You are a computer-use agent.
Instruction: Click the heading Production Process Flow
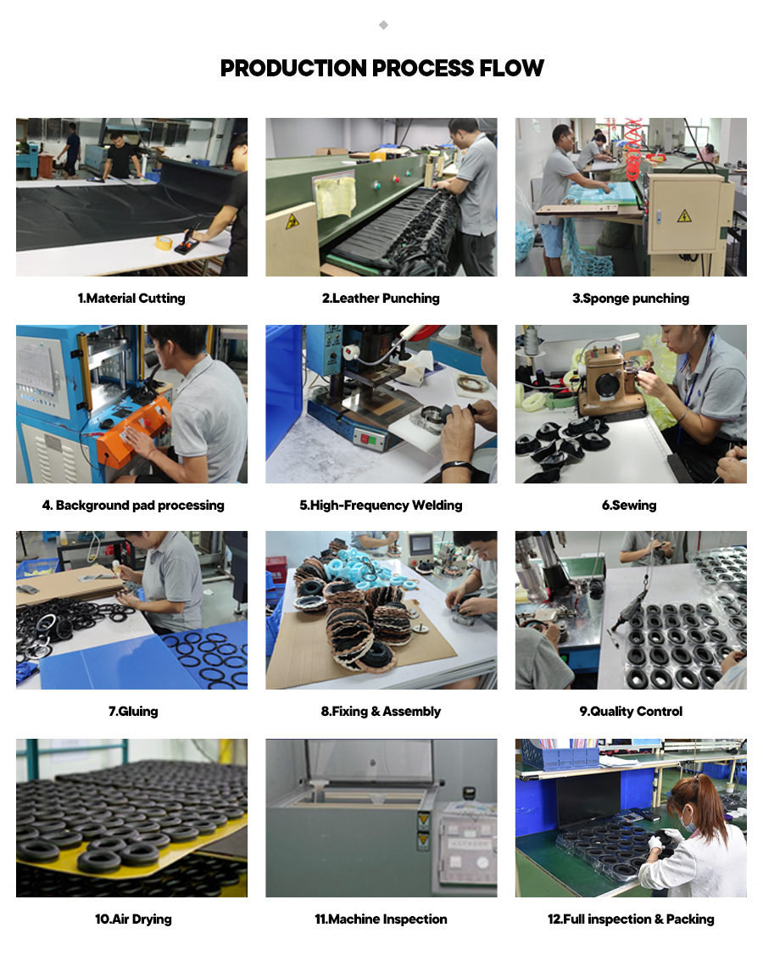[x=381, y=68]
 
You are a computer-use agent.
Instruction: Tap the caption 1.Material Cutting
[x=131, y=299]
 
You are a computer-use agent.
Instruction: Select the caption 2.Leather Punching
[x=381, y=299]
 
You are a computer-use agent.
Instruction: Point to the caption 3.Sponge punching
[x=631, y=299]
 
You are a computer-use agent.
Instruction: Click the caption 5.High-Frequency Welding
[x=381, y=505]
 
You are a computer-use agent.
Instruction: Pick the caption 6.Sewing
[x=629, y=505]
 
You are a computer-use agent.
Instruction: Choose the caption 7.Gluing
[x=133, y=711]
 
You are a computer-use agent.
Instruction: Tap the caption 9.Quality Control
[x=631, y=711]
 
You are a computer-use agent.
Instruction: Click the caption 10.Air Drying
[x=133, y=919]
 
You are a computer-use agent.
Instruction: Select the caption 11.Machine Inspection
[x=381, y=919]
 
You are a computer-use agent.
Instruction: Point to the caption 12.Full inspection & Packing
[x=631, y=919]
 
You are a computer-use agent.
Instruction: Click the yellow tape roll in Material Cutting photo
[x=164, y=243]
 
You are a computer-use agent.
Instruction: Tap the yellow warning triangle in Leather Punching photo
[x=292, y=221]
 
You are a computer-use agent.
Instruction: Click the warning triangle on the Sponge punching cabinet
[x=684, y=215]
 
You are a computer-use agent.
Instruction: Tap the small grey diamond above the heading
[x=383, y=25]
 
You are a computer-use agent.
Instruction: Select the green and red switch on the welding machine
[x=368, y=439]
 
